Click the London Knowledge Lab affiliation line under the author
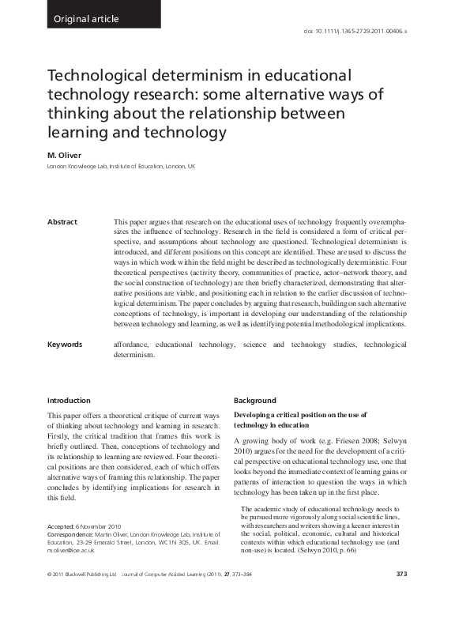[x=121, y=168]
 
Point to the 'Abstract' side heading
[x=63, y=222]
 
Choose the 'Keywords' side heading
[x=66, y=345]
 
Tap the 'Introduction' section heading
[x=69, y=401]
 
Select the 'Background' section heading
[x=255, y=401]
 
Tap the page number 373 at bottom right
[x=400, y=595]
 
